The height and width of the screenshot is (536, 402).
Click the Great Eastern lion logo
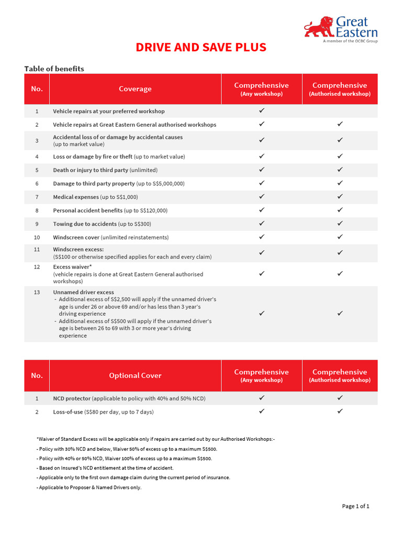[x=319, y=27]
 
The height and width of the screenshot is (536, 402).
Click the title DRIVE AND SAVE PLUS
[x=201, y=47]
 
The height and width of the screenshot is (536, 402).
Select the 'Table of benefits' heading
[x=54, y=69]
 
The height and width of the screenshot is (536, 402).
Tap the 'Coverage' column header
[x=135, y=89]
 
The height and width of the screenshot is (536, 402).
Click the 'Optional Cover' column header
[x=135, y=375]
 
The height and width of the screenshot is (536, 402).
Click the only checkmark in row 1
[x=262, y=111]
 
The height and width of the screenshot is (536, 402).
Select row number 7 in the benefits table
[x=37, y=197]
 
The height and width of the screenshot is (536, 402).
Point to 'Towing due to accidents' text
[x=85, y=224]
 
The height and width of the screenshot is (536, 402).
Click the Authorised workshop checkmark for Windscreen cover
[x=340, y=237]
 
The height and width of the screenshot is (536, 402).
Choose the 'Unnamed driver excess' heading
[x=83, y=292]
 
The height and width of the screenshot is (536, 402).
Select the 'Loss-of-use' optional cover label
[x=68, y=412]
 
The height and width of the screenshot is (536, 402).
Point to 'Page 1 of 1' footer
[x=355, y=506]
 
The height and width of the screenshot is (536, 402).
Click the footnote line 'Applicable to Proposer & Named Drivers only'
[x=89, y=487]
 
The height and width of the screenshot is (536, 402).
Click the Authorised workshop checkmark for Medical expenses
[x=340, y=197]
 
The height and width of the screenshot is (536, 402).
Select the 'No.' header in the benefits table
[x=37, y=89]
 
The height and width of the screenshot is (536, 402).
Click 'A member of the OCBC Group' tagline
[x=350, y=41]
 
